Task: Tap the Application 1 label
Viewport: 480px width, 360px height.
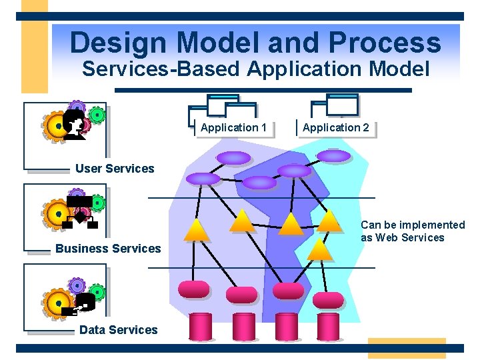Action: coord(233,127)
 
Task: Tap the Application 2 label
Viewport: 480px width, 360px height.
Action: coord(335,127)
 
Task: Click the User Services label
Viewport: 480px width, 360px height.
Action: coord(115,169)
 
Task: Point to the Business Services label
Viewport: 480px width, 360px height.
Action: coord(108,249)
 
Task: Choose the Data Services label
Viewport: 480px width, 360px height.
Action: coord(118,329)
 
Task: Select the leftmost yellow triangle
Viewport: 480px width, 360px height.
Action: coord(197,230)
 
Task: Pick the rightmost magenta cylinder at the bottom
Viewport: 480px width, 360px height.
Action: coord(328,327)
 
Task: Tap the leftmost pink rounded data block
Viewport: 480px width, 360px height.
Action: coord(194,289)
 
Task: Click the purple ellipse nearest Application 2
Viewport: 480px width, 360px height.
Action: coord(333,156)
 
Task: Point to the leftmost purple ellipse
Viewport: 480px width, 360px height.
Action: coord(203,179)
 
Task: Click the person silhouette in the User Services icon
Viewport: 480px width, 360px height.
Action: coord(75,124)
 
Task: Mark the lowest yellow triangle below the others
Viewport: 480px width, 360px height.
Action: coord(320,249)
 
